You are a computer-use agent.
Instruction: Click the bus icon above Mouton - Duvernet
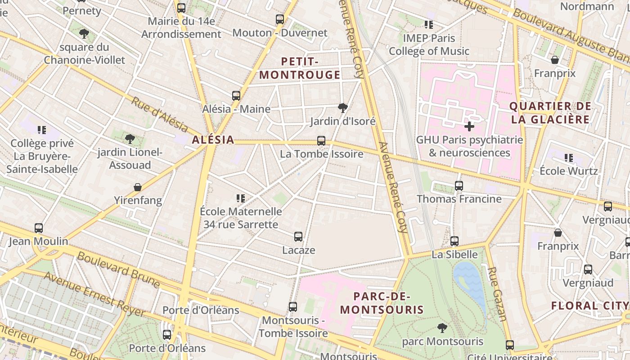pyautogui.click(x=280, y=19)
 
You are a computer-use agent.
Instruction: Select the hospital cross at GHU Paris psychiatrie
pyautogui.click(x=469, y=126)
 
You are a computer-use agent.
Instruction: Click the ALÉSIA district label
pyautogui.click(x=213, y=140)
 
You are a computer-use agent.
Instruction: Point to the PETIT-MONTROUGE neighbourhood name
pyautogui.click(x=300, y=68)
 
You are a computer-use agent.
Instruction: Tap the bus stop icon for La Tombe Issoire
pyautogui.click(x=321, y=141)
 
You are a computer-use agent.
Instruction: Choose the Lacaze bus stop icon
pyautogui.click(x=298, y=237)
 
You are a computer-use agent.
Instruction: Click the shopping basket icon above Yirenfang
pyautogui.click(x=138, y=187)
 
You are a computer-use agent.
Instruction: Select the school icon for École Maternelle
pyautogui.click(x=241, y=198)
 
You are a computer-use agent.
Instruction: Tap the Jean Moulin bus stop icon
pyautogui.click(x=39, y=228)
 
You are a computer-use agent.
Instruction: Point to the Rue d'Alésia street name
pyautogui.click(x=159, y=115)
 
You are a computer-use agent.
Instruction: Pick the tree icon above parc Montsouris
pyautogui.click(x=442, y=328)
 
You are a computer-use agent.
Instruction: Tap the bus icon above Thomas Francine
pyautogui.click(x=459, y=185)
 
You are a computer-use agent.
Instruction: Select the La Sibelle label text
pyautogui.click(x=454, y=254)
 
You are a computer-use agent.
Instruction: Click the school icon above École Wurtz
pyautogui.click(x=569, y=158)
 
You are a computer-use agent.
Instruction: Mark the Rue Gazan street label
pyautogui.click(x=498, y=293)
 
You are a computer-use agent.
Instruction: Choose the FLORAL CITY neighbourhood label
pyautogui.click(x=589, y=306)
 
